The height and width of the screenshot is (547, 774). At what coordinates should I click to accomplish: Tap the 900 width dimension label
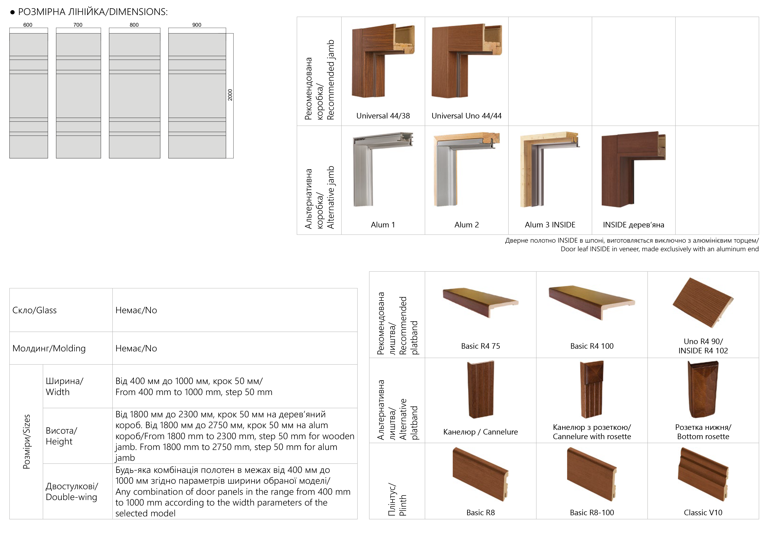tap(197, 25)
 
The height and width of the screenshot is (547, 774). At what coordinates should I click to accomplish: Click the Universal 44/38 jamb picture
tap(383, 61)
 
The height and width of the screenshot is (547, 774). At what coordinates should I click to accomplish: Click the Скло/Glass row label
tap(34, 310)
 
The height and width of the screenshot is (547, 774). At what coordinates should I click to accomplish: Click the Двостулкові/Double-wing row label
tap(71, 491)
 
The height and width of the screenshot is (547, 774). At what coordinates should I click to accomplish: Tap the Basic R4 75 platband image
tap(480, 303)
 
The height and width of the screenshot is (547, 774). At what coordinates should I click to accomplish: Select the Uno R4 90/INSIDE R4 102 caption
tap(703, 346)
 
